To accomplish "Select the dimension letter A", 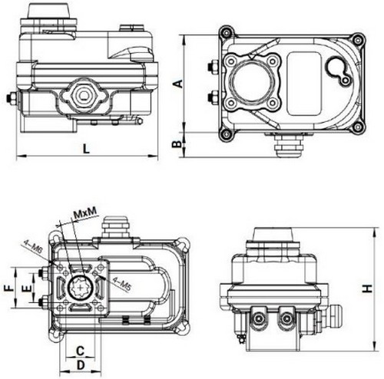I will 177,82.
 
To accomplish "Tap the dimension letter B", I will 177,143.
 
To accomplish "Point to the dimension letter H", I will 367,287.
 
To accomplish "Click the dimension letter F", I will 9,288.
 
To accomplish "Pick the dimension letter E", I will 26,288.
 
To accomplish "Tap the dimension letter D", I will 80,364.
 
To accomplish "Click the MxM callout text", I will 84,211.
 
